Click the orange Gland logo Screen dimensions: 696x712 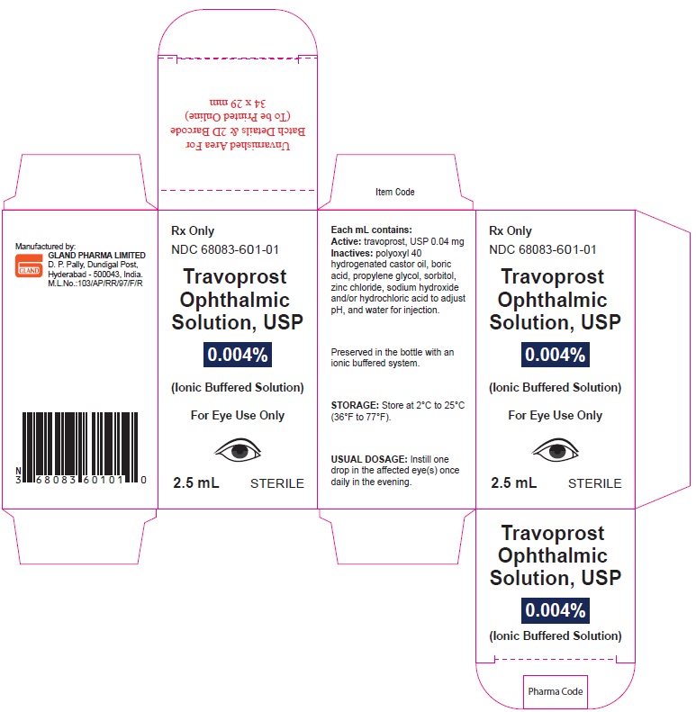pos(29,266)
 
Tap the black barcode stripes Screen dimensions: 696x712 pos(80,447)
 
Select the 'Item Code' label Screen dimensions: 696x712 pos(394,192)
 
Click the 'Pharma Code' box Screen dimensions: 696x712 pos(556,691)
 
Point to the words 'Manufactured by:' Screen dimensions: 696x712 pos(45,247)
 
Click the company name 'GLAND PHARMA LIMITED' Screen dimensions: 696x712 pos(96,256)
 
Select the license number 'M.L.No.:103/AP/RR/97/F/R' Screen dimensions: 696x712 pos(95,284)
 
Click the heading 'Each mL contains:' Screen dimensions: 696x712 pos(371,230)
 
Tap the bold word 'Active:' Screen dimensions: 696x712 pos(346,241)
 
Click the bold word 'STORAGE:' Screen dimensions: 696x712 pos(355,405)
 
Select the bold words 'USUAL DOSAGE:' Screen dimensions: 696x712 pos(369,459)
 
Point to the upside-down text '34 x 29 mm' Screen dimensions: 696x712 pos(238,104)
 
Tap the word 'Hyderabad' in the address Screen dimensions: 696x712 pos(67,275)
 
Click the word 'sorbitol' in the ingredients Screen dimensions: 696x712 pos(439,275)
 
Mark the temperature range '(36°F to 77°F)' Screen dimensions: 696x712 pos(361,417)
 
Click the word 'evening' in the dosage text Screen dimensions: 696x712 pos(396,482)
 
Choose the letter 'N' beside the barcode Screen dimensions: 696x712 pos(18,471)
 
